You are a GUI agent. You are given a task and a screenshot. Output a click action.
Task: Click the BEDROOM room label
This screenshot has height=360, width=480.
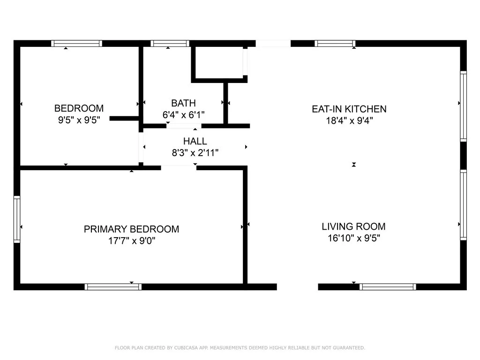pos(79,108)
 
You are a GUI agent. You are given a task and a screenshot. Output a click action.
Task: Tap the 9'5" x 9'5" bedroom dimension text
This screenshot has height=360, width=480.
pos(79,120)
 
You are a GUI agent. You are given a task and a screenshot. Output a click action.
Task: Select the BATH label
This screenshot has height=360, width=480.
pos(183,103)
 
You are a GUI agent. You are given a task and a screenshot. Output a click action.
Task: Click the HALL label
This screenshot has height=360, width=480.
pos(195,141)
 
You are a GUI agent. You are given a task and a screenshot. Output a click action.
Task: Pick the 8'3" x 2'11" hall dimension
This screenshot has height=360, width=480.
pos(195,152)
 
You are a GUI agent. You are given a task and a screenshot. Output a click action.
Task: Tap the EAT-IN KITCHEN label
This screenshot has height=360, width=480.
pos(349,109)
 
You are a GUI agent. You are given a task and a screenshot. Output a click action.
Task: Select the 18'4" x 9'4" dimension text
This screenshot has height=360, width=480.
pos(349,121)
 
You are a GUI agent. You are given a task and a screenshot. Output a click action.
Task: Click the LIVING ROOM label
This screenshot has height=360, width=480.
pos(353,226)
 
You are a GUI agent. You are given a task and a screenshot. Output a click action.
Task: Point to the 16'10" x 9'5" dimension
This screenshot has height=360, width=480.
pos(353,238)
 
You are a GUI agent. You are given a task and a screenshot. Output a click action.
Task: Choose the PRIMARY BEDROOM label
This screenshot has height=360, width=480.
pos(131,229)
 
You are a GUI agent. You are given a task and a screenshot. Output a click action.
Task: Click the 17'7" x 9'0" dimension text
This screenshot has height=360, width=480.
pos(131,241)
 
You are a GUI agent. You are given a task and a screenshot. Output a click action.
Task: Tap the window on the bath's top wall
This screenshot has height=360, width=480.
pos(170,44)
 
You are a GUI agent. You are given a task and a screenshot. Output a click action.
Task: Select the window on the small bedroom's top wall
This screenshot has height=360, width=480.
pos(76,44)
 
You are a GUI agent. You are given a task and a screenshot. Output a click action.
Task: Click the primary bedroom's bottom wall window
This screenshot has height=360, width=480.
pos(113,287)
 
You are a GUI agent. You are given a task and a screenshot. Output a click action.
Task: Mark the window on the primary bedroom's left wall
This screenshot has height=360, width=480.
pos(17,219)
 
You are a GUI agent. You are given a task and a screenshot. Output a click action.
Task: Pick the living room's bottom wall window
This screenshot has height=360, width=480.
pos(388,287)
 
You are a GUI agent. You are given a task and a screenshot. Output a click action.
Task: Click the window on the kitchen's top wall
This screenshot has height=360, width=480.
pos(335,44)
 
